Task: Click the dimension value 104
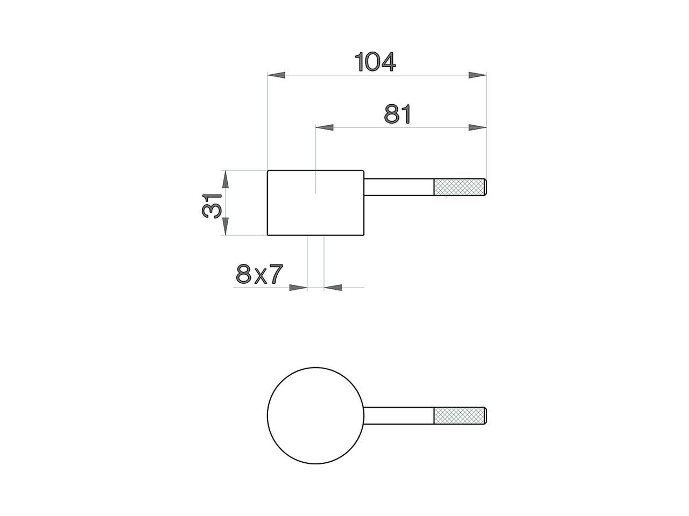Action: (376, 62)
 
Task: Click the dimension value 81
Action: (398, 114)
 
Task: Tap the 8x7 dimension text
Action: (259, 275)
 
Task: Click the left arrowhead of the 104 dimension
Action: (276, 76)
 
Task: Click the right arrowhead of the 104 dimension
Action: (477, 76)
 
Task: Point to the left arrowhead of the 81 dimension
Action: (324, 127)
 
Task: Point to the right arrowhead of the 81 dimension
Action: (477, 127)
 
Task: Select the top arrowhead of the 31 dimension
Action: (226, 179)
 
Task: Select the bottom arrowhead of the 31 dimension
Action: (226, 226)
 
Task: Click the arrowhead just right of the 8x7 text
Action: (298, 288)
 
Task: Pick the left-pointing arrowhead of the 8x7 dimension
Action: (333, 288)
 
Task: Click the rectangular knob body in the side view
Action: (316, 203)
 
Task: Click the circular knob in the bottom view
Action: (316, 415)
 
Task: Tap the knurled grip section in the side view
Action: (459, 187)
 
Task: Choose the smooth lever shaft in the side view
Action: (399, 187)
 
